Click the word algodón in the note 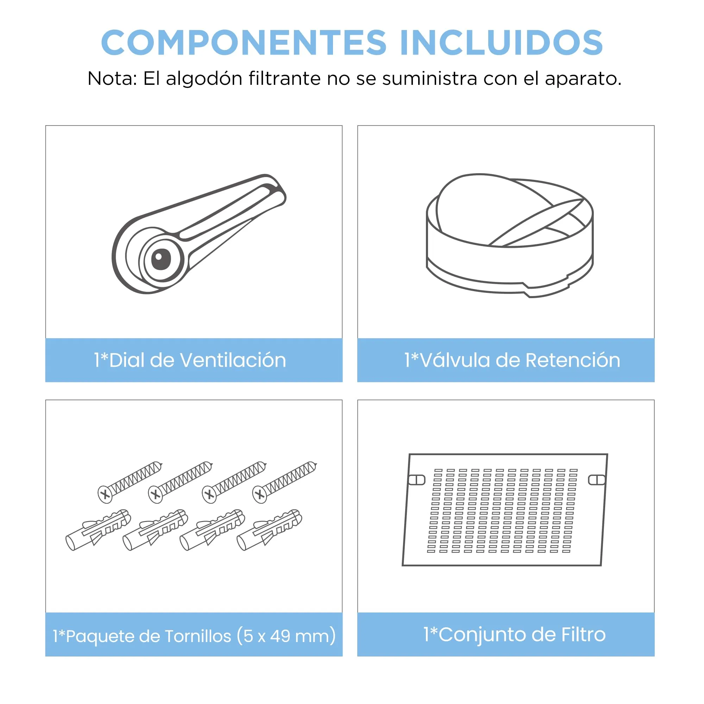[x=204, y=79]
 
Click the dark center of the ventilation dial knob [x=161, y=259]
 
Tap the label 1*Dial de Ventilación [x=190, y=360]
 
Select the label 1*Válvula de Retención [x=512, y=360]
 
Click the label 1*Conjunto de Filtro [x=515, y=634]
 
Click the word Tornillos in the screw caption [x=198, y=636]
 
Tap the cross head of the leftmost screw [x=105, y=495]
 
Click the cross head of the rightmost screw [x=260, y=495]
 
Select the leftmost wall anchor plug [x=98, y=530]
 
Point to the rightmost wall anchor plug [x=269, y=530]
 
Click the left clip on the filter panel [x=416, y=480]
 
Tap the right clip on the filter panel [x=597, y=480]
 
